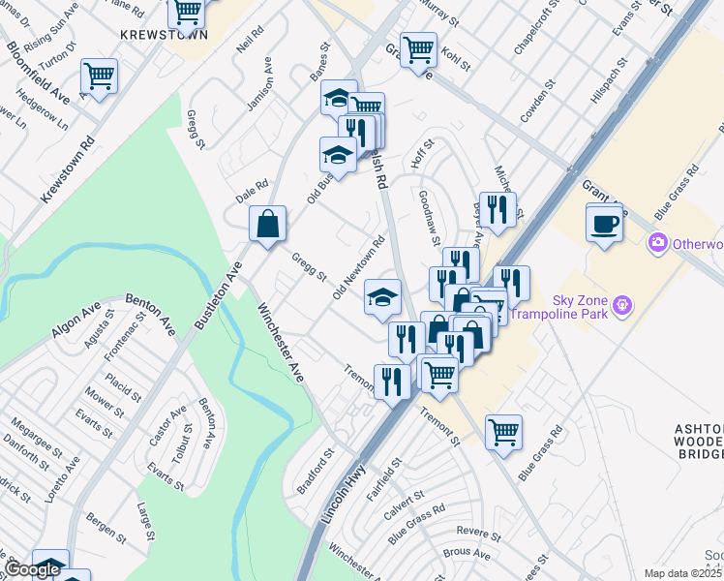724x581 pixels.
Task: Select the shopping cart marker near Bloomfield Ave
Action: point(99,76)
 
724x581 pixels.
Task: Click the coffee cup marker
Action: point(605,223)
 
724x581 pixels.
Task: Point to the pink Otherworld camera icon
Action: point(659,242)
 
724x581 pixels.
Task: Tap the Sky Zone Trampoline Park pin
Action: point(622,306)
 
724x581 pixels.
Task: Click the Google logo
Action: point(32,570)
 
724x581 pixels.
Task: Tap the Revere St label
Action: point(477,533)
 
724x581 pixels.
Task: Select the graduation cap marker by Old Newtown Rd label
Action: point(383,297)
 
